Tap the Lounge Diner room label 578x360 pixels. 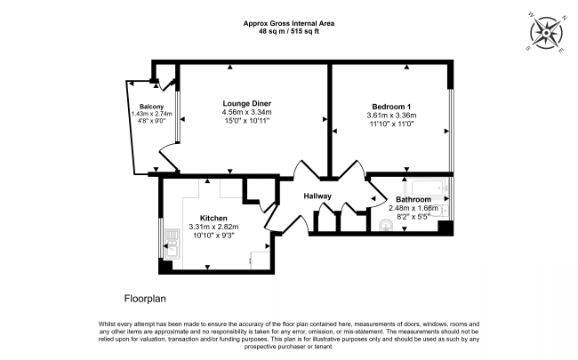(x=248, y=103)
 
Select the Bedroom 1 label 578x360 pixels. (x=389, y=105)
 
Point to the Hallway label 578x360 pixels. (x=317, y=196)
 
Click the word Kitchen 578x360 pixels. (x=213, y=218)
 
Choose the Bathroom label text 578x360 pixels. (x=413, y=199)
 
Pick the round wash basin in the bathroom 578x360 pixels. (x=385, y=226)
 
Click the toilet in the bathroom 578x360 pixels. (x=445, y=210)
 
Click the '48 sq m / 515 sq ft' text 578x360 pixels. (x=288, y=31)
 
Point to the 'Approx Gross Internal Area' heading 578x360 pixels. (x=288, y=23)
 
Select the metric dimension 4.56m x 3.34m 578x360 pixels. (x=248, y=112)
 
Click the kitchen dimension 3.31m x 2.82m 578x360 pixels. (x=213, y=227)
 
